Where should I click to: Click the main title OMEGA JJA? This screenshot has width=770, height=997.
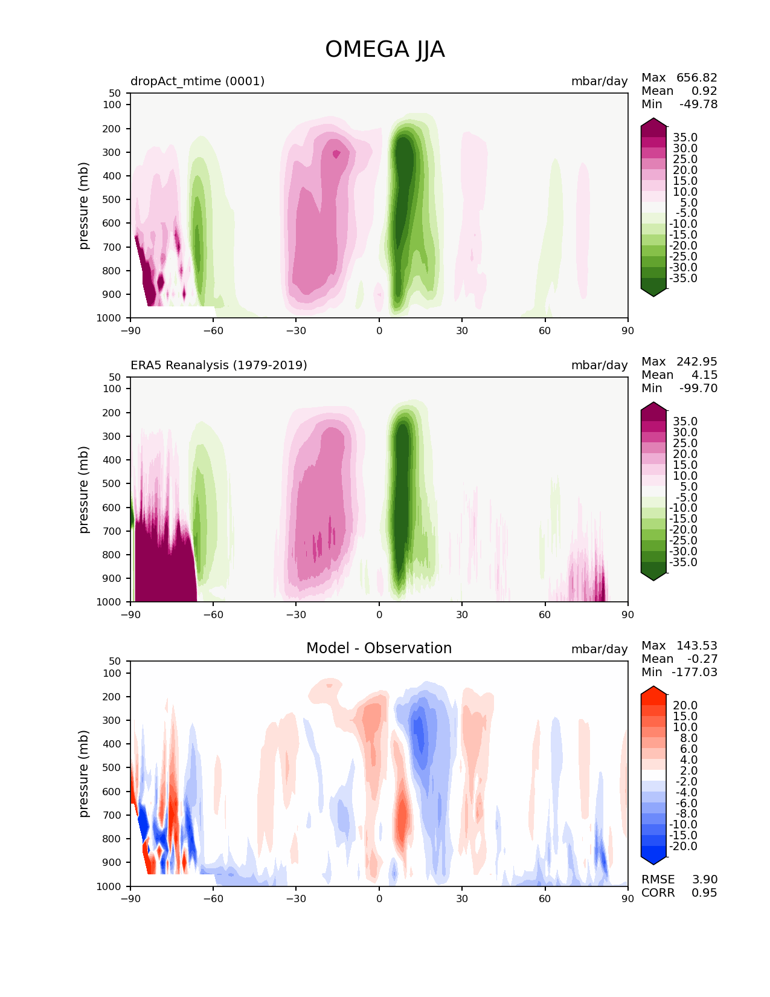(385, 50)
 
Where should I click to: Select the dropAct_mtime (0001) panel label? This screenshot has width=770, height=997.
(197, 81)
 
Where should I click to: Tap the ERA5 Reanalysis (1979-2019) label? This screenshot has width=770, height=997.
(219, 365)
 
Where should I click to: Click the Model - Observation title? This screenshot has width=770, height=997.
(379, 648)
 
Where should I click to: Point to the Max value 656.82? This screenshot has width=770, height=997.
(696, 78)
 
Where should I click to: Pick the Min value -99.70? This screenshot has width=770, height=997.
(698, 388)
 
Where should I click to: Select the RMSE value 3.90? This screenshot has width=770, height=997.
(704, 880)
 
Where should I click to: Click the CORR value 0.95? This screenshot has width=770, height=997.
(704, 893)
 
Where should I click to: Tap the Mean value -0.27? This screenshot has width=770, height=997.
(702, 659)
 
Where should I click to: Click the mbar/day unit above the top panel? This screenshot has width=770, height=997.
(599, 81)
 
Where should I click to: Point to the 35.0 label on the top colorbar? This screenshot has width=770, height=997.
(685, 138)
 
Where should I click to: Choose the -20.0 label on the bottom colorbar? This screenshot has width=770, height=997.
(683, 847)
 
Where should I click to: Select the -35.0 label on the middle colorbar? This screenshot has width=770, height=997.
(683, 563)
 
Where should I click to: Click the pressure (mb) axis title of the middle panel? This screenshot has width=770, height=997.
(84, 489)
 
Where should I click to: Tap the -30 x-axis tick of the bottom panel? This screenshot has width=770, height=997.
(296, 899)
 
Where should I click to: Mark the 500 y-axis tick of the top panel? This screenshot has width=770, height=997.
(113, 199)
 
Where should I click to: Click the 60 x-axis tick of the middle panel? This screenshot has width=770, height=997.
(545, 615)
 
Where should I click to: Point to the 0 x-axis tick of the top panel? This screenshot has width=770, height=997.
(379, 331)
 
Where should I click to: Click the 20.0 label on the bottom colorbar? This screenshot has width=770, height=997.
(685, 706)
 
